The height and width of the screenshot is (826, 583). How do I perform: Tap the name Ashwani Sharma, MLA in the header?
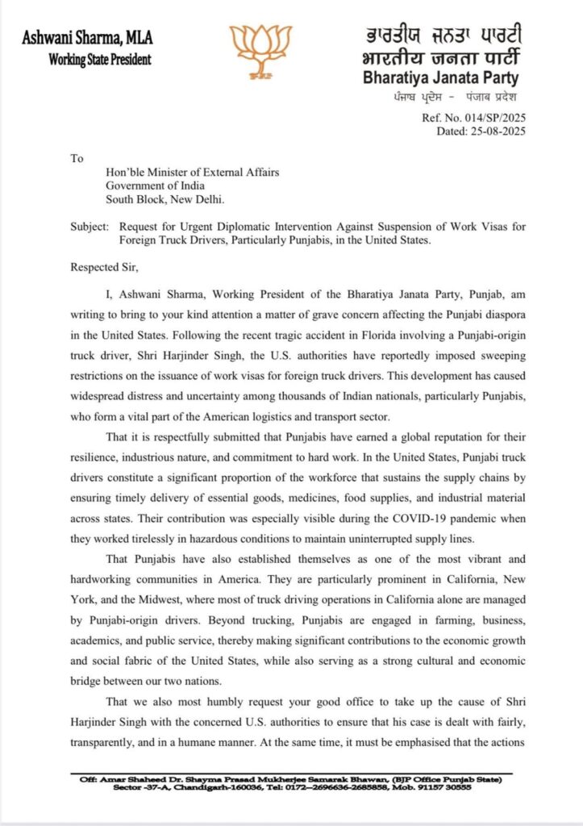87,39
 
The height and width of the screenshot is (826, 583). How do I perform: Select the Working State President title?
99,60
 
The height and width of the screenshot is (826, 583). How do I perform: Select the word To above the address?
77,158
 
